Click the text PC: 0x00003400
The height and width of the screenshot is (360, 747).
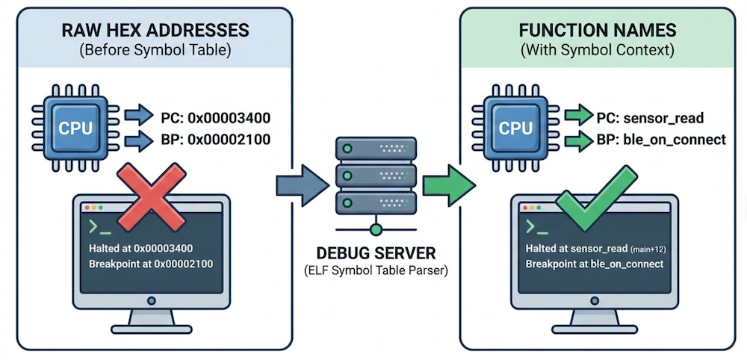click(x=215, y=117)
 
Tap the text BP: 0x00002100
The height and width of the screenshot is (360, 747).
click(x=215, y=140)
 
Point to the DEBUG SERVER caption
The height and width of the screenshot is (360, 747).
click(x=376, y=253)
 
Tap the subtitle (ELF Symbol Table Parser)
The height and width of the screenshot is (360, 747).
click(x=376, y=271)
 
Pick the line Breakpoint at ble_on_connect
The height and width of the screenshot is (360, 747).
click(x=595, y=264)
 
